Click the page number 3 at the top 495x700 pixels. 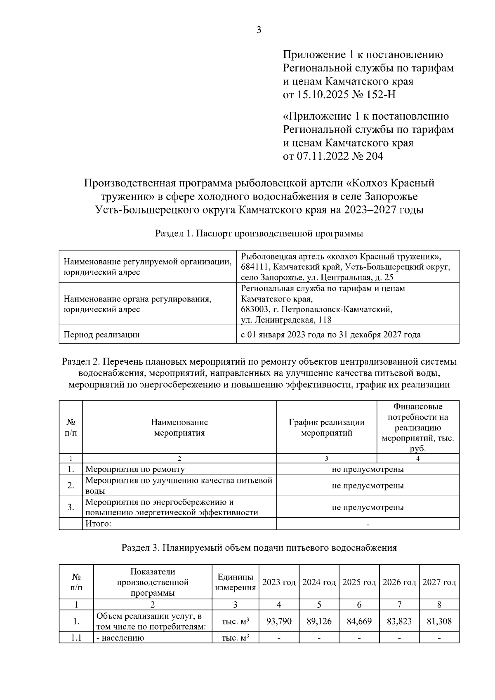[259, 30]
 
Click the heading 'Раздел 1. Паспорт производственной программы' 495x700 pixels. [259, 233]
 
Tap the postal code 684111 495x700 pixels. [255, 267]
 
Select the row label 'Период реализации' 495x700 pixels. [101, 335]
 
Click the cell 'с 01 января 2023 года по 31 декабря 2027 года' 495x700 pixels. [330, 335]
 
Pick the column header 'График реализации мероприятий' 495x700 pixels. [326, 427]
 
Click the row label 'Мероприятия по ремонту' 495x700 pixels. [135, 469]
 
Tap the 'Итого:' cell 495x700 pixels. [99, 524]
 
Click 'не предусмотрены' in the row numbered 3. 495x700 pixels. [368, 507]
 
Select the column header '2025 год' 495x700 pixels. [359, 582]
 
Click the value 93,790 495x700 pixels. [279, 621]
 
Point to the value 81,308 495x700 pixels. [439, 621]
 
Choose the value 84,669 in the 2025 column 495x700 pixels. [359, 621]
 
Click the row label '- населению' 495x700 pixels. [120, 638]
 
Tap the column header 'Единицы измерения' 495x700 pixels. [235, 582]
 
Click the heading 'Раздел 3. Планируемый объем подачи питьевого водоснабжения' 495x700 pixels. [259, 548]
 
